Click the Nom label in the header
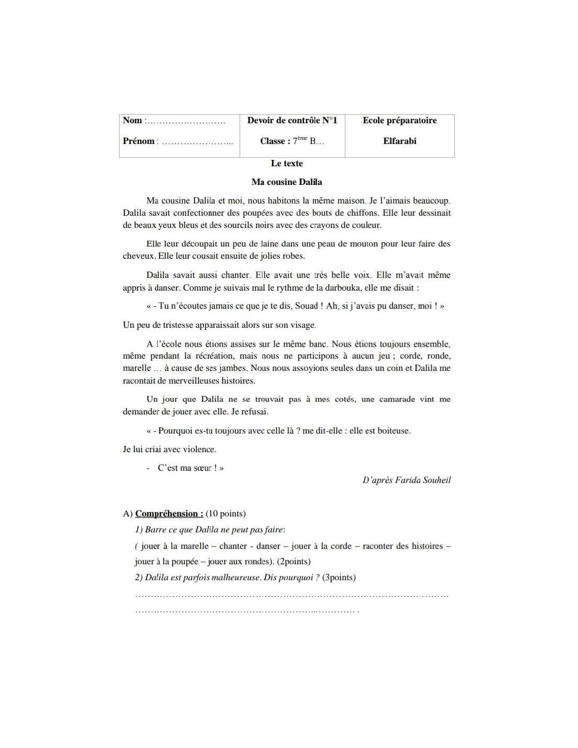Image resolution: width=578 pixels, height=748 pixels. click(x=132, y=121)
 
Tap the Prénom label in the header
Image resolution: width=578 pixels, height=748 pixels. click(x=139, y=141)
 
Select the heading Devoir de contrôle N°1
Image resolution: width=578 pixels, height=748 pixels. click(x=292, y=121)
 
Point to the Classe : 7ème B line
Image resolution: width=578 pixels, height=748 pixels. click(x=292, y=141)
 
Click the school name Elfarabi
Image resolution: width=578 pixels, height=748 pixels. click(x=399, y=141)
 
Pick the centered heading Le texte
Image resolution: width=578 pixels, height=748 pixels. click(x=287, y=164)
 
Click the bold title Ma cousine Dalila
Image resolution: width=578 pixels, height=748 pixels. click(x=287, y=182)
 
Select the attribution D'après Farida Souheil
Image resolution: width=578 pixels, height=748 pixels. click(x=406, y=480)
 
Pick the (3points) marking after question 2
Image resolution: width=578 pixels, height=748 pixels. click(x=339, y=577)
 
